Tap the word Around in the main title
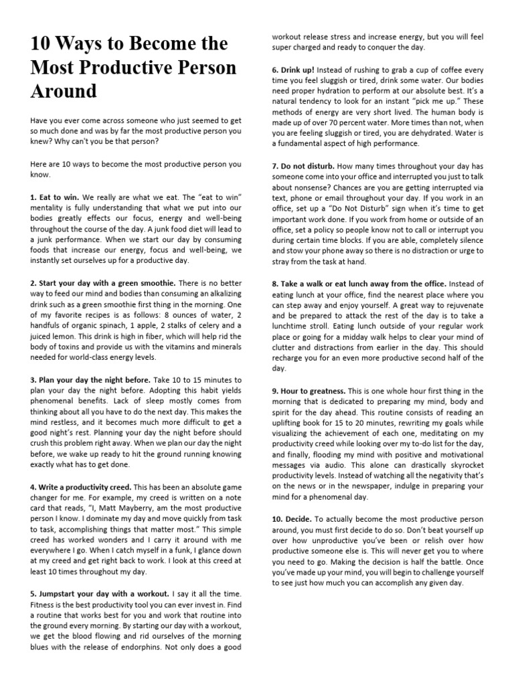pyautogui.click(x=64, y=91)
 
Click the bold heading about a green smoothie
pyautogui.click(x=104, y=284)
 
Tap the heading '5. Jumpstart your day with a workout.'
pyautogui.click(x=100, y=593)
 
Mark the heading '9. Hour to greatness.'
pyautogui.click(x=309, y=391)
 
